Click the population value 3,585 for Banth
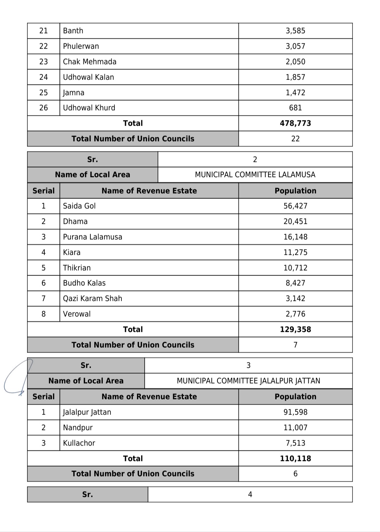click(295, 31)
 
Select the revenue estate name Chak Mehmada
click(89, 62)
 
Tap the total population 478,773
click(295, 123)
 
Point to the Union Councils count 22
click(295, 139)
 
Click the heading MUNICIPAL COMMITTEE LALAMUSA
click(255, 175)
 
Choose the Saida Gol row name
click(79, 206)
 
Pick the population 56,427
click(295, 206)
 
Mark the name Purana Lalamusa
click(92, 237)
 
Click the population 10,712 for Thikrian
click(295, 268)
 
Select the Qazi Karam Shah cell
click(92, 299)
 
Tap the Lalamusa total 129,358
click(295, 330)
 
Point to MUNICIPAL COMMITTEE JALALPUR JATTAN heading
click(248, 381)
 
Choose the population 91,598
click(295, 412)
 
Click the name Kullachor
click(79, 443)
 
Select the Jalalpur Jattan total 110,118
click(295, 459)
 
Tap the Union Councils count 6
click(295, 474)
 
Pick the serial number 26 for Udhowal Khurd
click(43, 108)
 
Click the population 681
click(295, 108)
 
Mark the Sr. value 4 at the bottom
click(250, 495)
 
